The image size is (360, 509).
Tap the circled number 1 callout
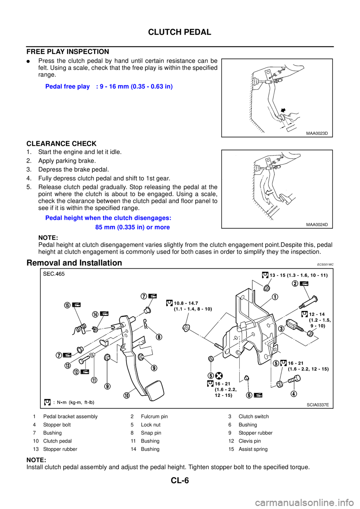pos(275,297)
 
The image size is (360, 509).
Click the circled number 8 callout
pos(159,337)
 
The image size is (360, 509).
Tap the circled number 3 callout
pos(281,329)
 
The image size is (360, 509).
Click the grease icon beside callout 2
pos(304,284)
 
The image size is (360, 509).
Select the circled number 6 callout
pos(249,395)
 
